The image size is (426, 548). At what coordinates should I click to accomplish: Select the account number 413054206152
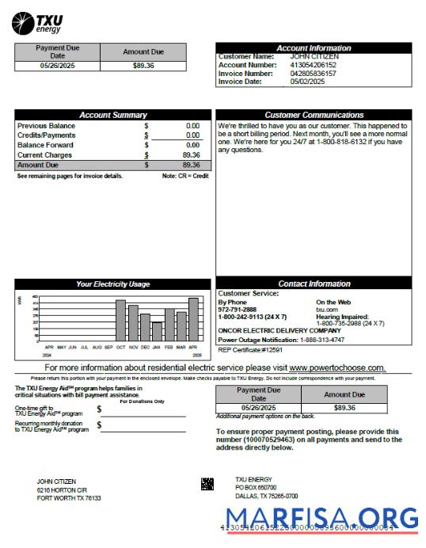click(x=314, y=65)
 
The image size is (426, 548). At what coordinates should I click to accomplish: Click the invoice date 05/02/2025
click(x=307, y=81)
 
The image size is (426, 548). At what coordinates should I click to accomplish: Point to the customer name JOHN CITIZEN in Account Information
click(x=314, y=57)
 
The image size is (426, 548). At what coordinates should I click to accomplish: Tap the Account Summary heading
click(x=113, y=116)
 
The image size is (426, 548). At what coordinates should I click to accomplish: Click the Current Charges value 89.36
click(x=191, y=155)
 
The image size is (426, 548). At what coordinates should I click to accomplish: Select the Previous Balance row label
click(x=47, y=126)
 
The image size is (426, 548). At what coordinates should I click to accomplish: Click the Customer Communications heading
click(x=314, y=116)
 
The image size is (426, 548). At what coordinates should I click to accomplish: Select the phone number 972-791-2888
click(x=238, y=310)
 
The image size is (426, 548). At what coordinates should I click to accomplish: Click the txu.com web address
click(x=326, y=310)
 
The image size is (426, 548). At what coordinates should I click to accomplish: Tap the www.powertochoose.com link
click(x=337, y=368)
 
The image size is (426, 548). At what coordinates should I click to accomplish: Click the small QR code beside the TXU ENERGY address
click(x=207, y=483)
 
